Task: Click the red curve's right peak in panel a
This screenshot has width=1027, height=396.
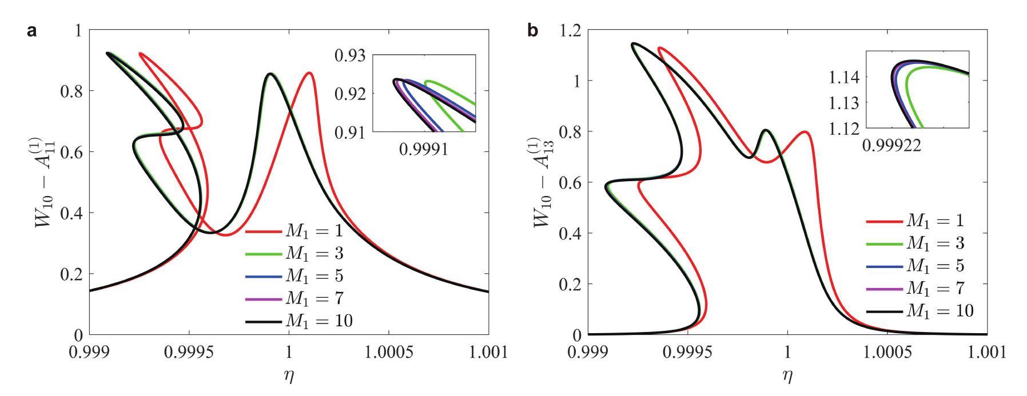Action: pyautogui.click(x=309, y=73)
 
